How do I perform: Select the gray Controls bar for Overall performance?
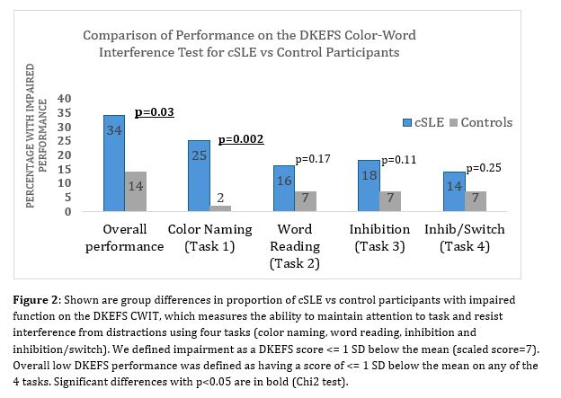[x=137, y=191]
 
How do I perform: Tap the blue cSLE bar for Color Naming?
[x=199, y=176]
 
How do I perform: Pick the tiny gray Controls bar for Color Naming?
[x=221, y=208]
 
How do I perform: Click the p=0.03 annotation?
[x=154, y=112]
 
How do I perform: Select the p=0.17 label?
[x=315, y=159]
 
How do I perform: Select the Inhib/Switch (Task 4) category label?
[x=464, y=237]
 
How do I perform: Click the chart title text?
[x=250, y=44]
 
